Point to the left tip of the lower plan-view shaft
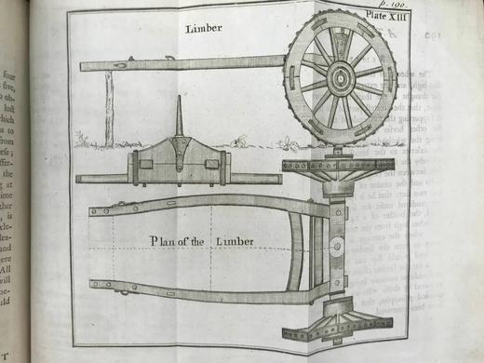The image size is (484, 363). pyautogui.click(x=94, y=285)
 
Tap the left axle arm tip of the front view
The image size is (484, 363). pyautogui.click(x=80, y=178)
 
